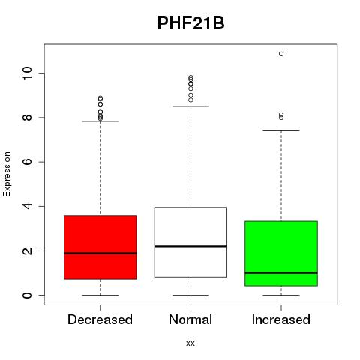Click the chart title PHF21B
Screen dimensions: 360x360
pos(190,23)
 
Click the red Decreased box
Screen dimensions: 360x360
pos(100,247)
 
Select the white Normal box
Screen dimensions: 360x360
pos(190,242)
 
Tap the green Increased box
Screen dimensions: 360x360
pos(281,253)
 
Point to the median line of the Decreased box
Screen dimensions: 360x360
pos(100,253)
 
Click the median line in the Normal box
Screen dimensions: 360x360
pos(190,246)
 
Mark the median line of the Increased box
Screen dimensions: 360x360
pos(281,273)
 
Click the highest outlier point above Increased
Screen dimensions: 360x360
pos(281,54)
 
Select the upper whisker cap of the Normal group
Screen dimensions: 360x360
pos(190,106)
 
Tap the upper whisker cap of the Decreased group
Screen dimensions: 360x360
pos(100,121)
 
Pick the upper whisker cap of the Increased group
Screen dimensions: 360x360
pos(281,130)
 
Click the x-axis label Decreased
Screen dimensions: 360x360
pos(100,319)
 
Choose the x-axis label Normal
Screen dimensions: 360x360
pos(190,319)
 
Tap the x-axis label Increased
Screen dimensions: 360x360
pos(281,319)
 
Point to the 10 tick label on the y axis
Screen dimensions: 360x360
pos(27,73)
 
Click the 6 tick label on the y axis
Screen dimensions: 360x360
pos(27,162)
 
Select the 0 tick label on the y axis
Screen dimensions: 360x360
pos(27,295)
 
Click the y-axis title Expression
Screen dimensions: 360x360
pos(7,174)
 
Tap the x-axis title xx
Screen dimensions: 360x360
pos(190,343)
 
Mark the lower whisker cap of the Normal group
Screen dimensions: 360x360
pos(190,295)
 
